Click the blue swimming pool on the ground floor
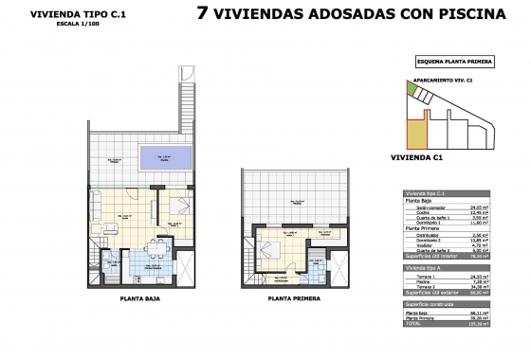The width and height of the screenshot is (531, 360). [x=165, y=159]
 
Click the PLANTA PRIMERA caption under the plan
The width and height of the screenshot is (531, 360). [x=291, y=297]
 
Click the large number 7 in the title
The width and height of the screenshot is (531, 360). [x=202, y=14]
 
